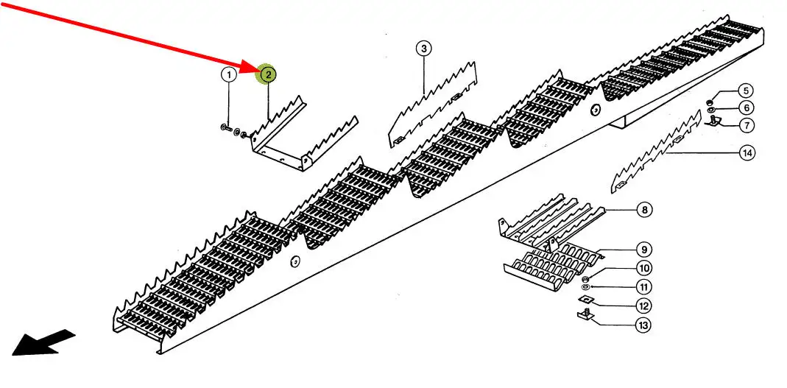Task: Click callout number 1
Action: pos(229,74)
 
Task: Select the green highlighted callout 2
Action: pos(268,74)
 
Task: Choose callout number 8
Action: pos(644,211)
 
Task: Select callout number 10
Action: pos(643,268)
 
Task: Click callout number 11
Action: pos(643,287)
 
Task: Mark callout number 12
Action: pos(643,306)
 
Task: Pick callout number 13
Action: pos(643,324)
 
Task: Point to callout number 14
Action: pos(747,153)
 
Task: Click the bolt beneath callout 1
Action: pos(224,130)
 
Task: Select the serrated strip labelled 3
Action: pos(431,103)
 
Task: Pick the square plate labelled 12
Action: pos(585,300)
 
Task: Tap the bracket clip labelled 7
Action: pos(713,121)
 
